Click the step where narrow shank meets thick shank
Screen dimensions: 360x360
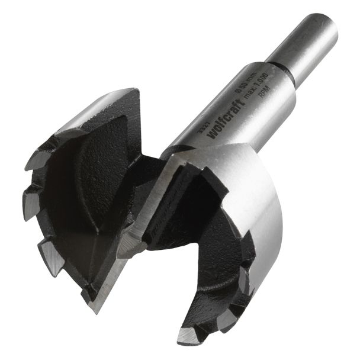[x=283, y=66]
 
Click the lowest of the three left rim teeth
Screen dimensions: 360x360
[x=52, y=256]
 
